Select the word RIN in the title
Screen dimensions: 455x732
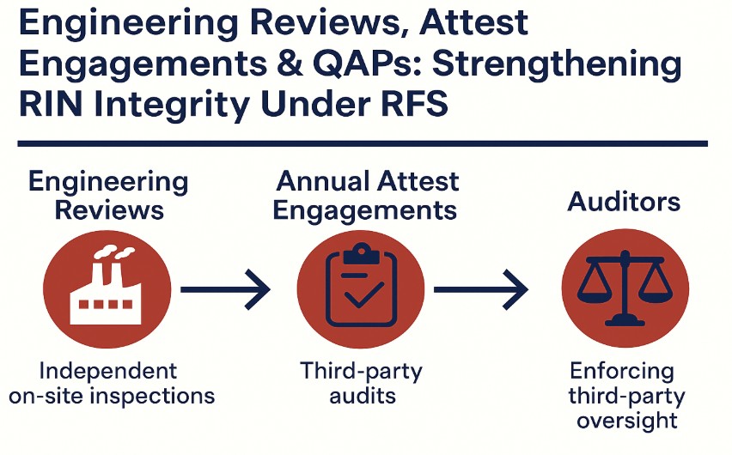(57, 106)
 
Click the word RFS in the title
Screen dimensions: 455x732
(402, 106)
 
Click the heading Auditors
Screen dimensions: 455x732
(624, 202)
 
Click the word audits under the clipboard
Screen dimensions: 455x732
(360, 395)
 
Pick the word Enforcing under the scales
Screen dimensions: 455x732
(623, 372)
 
